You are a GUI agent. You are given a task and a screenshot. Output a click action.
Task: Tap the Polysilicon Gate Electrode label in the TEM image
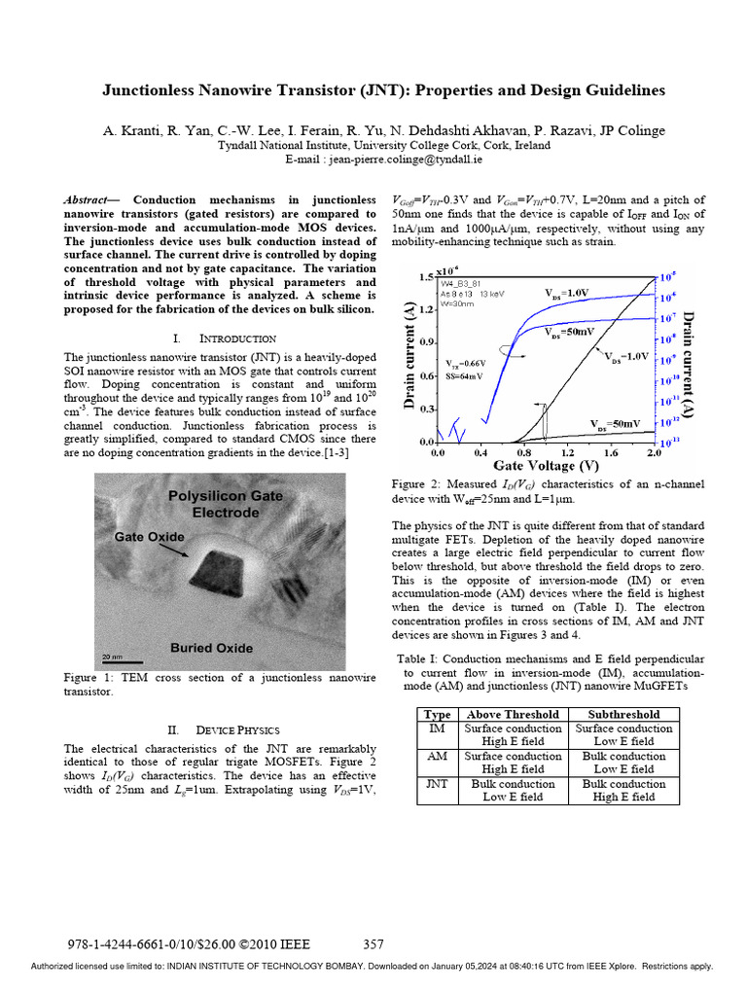pos(225,504)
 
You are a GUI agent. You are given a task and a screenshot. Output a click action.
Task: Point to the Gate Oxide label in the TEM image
pos(149,536)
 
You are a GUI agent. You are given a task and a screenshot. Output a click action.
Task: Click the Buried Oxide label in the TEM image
pos(211,648)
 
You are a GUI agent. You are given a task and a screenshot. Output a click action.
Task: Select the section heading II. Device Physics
pos(223,729)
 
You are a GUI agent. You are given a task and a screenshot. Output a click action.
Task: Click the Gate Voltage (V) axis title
pos(545,466)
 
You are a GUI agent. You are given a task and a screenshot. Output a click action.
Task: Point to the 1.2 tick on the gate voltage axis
pos(567,453)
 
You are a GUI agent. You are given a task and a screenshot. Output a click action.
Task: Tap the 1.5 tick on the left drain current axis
pos(424,278)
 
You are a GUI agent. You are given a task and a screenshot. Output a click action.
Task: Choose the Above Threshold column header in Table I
pos(513,714)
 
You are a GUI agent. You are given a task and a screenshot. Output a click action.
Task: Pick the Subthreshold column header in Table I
pos(623,714)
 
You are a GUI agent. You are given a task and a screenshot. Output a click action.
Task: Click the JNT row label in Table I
pos(438,783)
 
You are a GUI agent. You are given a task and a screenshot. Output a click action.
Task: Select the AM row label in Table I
pos(438,756)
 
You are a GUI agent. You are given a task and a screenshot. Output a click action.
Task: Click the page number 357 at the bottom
pos(373,943)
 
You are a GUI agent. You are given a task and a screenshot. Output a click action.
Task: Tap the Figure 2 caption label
pos(418,484)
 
